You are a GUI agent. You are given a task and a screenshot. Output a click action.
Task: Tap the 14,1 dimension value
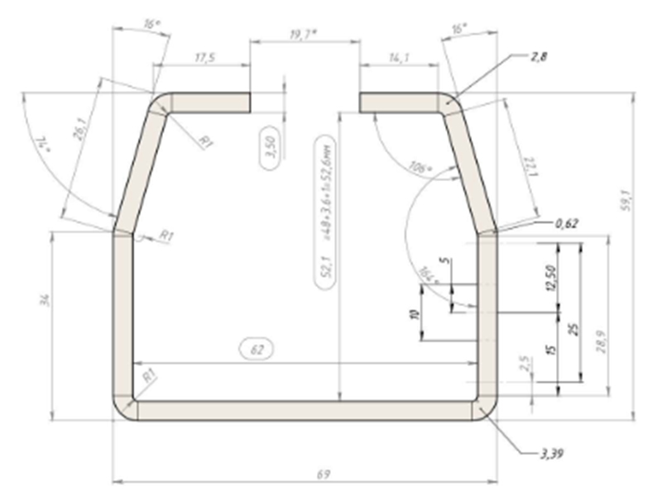pos(398,59)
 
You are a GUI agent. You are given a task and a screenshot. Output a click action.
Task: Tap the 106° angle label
pos(420,169)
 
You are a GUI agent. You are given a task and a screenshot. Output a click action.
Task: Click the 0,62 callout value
pos(566,222)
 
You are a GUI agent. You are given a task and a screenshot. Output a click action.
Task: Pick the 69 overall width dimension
pos(324,474)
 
